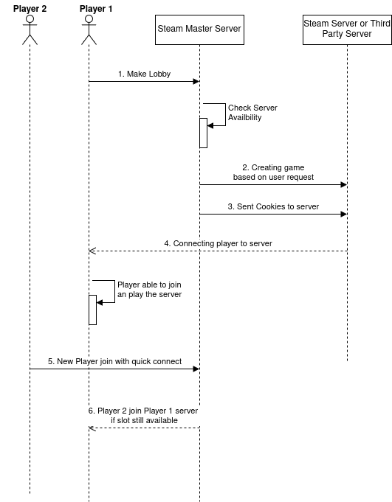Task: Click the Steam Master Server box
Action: click(x=199, y=29)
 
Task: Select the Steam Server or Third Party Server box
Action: click(x=347, y=29)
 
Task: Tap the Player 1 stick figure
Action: click(x=89, y=29)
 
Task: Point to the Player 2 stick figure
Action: click(x=30, y=29)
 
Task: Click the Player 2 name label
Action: click(x=30, y=9)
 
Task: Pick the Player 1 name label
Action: click(x=96, y=9)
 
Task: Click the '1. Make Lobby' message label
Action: click(x=144, y=74)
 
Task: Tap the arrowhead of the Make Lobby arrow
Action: click(x=196, y=81)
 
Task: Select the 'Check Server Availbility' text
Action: click(x=252, y=112)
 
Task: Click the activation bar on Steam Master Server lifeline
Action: click(x=203, y=133)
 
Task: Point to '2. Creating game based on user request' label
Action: click(x=273, y=172)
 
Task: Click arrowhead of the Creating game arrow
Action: click(x=343, y=184)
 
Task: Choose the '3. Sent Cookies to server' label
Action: click(x=273, y=206)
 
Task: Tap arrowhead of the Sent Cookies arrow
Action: click(x=343, y=214)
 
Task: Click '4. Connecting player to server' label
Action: click(x=218, y=243)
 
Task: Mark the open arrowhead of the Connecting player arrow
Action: click(x=92, y=251)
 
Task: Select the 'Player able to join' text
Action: click(x=149, y=285)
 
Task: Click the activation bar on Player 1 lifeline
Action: click(x=92, y=310)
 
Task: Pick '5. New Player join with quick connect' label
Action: click(x=114, y=361)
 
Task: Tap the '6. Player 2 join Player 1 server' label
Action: click(x=143, y=411)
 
